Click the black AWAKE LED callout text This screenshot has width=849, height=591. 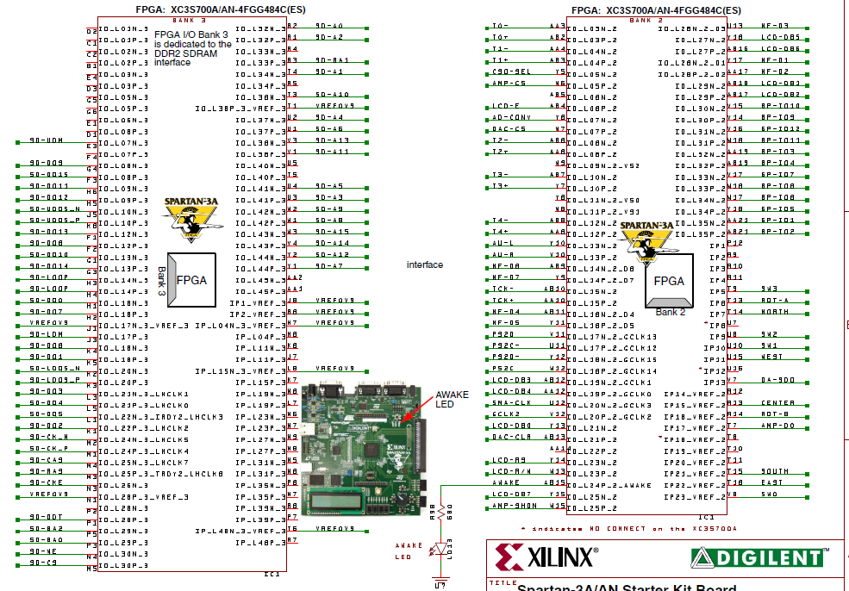pos(451,399)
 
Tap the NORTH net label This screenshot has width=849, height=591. pos(774,312)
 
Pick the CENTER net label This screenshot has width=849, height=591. pos(777,403)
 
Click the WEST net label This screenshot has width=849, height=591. pos(772,358)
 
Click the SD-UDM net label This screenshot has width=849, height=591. pos(46,140)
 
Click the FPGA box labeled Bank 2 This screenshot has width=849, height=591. pos(670,282)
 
